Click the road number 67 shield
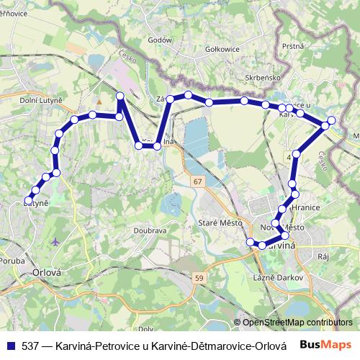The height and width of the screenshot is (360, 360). pyautogui.click(x=197, y=182)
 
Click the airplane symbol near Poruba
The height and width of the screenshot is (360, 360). pyautogui.click(x=56, y=241)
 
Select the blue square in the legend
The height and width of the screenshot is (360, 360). pyautogui.click(x=11, y=345)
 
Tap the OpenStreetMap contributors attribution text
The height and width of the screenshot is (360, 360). pyautogui.click(x=298, y=323)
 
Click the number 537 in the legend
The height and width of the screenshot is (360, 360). pyautogui.click(x=32, y=345)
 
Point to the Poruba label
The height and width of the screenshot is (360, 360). pyautogui.click(x=13, y=261)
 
